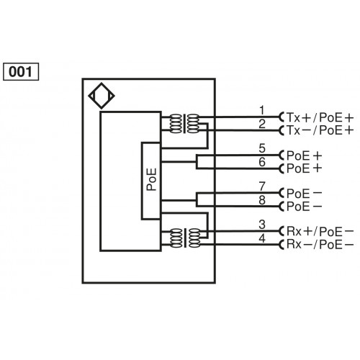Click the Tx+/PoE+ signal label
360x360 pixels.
(320, 117)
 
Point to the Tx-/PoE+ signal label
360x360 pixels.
(320, 130)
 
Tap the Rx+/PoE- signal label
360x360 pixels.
(320, 233)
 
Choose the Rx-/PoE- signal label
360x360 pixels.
(320, 246)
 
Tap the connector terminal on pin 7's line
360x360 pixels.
(282, 194)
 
